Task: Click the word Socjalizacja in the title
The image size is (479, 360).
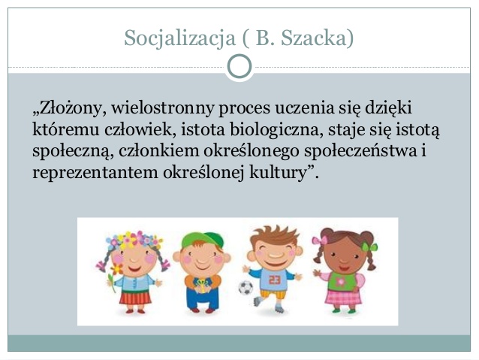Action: (179, 38)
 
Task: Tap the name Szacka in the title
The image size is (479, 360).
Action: (314, 38)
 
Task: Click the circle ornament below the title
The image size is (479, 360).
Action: (239, 66)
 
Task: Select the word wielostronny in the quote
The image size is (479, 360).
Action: (162, 107)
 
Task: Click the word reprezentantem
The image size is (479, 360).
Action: (95, 173)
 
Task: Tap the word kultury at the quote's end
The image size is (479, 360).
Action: (278, 173)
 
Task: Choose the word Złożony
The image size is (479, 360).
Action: (70, 107)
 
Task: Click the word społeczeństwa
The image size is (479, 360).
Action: (361, 151)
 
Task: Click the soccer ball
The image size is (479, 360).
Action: (246, 288)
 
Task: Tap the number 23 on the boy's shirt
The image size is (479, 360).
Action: (274, 280)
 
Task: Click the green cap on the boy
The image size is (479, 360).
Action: (202, 240)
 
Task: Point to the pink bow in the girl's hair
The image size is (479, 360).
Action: (320, 240)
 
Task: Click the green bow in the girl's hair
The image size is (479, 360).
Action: (369, 247)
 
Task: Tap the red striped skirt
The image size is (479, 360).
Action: (135, 298)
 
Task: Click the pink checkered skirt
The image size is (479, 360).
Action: (343, 297)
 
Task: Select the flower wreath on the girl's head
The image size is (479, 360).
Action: (134, 239)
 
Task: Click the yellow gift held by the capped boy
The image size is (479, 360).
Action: (202, 286)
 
